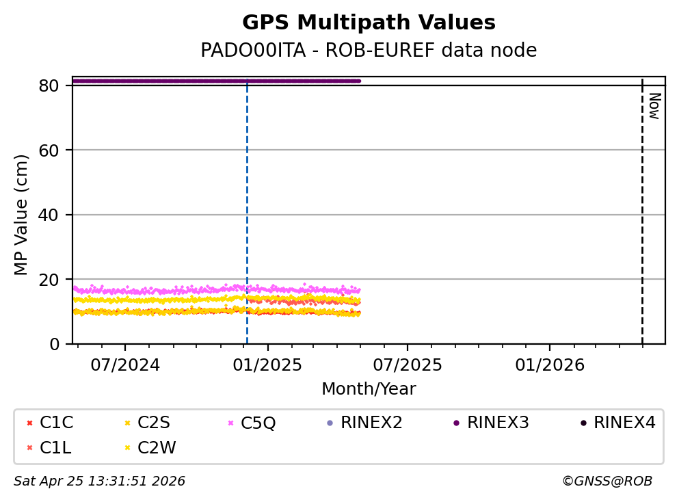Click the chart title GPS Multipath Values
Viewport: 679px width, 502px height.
point(369,23)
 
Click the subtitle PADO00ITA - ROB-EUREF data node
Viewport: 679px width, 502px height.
point(369,51)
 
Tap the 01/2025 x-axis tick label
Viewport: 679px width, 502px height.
point(268,365)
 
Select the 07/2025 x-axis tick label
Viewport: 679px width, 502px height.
point(408,365)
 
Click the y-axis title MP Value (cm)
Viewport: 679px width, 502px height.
point(22,215)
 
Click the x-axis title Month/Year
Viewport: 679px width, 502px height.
point(369,389)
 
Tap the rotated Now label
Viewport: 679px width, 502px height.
point(654,106)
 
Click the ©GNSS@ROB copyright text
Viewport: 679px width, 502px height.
point(607,481)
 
